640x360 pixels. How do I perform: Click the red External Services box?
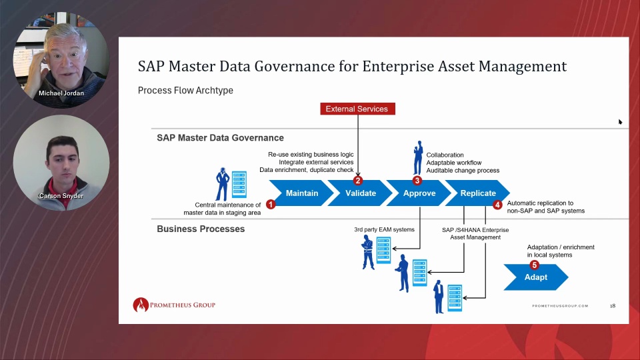[x=357, y=109]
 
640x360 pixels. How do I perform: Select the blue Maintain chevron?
[x=301, y=193]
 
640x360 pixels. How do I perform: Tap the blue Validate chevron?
[x=360, y=193]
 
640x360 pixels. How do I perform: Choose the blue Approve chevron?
[x=419, y=193]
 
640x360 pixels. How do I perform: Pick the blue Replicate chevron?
[x=477, y=193]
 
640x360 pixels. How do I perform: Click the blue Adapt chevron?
[x=535, y=277]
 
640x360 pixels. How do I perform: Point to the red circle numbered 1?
[x=271, y=204]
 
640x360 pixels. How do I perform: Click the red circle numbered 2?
[x=358, y=181]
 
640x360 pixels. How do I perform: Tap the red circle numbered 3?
[x=417, y=181]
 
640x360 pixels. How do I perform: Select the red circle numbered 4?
[x=497, y=205]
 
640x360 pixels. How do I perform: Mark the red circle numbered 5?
[x=534, y=265]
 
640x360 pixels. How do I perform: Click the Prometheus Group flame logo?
[x=141, y=305]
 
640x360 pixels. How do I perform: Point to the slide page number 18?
[x=613, y=306]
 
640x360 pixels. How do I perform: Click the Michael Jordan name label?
[x=61, y=93]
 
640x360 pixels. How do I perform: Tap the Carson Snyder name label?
[x=61, y=196]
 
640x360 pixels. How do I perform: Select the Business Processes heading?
[x=201, y=229]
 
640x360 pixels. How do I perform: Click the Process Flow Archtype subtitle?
[x=185, y=90]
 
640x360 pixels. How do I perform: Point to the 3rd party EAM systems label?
[x=384, y=230]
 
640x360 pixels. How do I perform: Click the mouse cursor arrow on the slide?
[x=620, y=121]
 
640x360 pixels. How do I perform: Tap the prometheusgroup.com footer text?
[x=560, y=306]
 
